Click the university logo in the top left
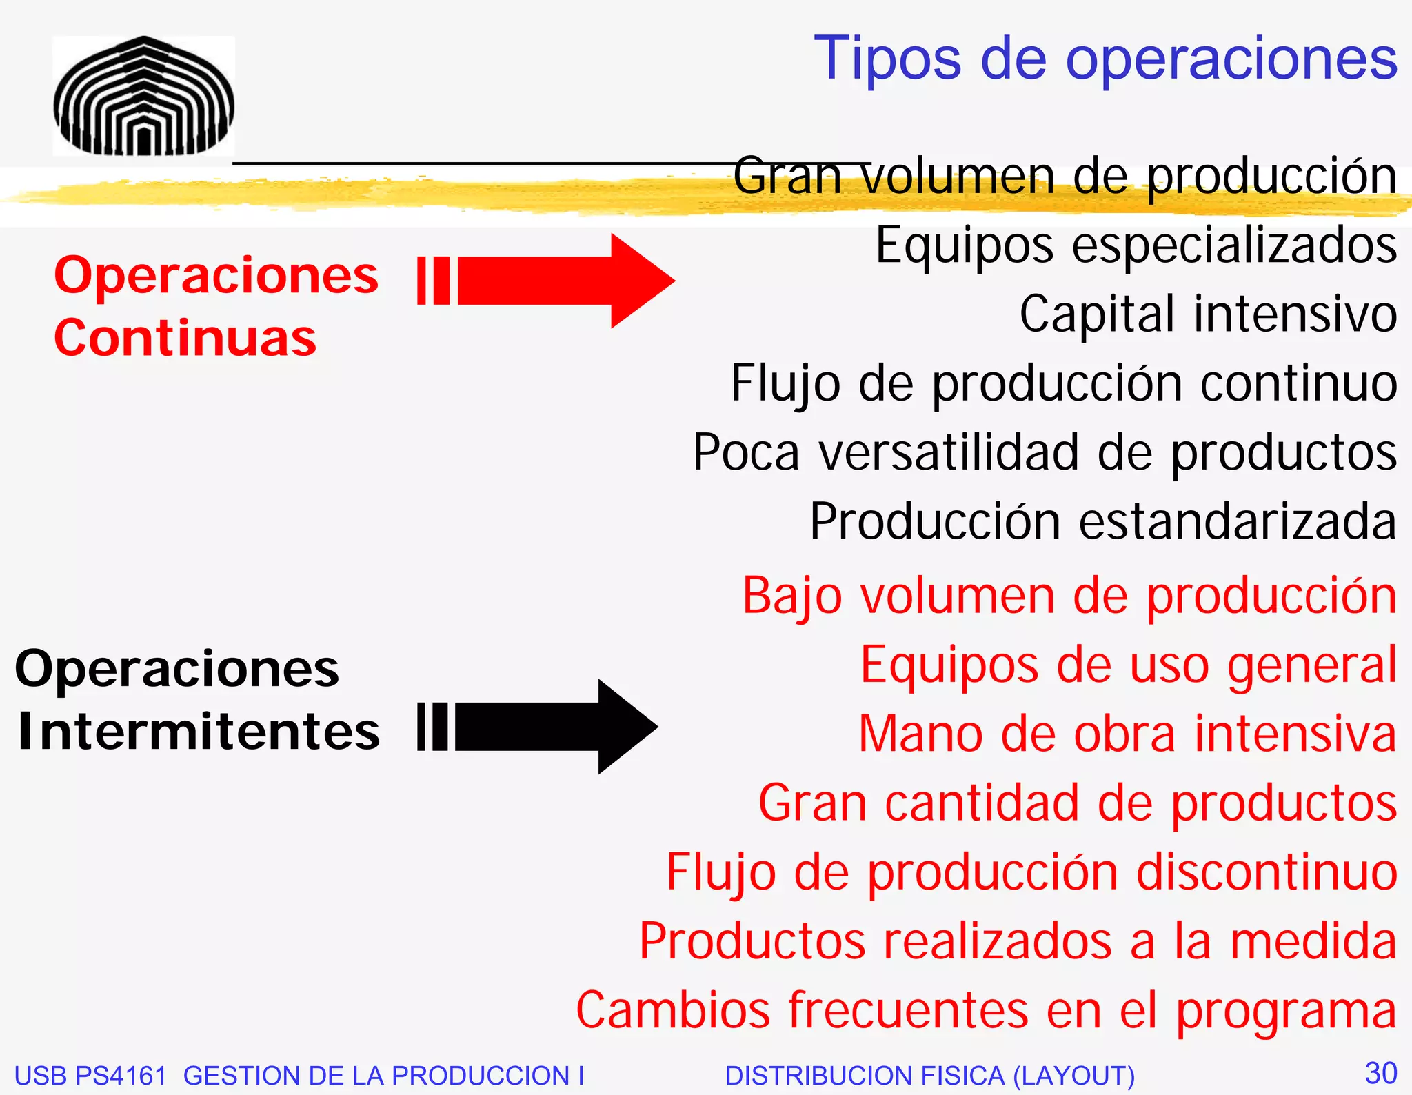point(143,96)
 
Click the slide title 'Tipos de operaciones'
point(1105,59)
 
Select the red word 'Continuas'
point(185,338)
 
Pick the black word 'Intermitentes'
point(199,731)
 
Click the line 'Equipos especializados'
point(1136,245)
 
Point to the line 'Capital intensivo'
point(1208,314)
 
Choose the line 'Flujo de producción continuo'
point(1063,383)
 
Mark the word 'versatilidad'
point(949,452)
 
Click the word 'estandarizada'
point(1238,521)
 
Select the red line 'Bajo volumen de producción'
point(1069,596)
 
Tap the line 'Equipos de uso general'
point(1129,665)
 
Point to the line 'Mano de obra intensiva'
point(1127,734)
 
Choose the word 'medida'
point(1313,941)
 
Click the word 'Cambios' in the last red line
point(672,1010)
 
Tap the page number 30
point(1381,1073)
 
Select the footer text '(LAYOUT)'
point(1073,1076)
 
